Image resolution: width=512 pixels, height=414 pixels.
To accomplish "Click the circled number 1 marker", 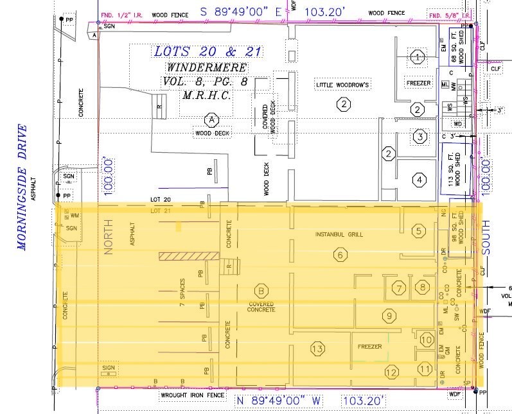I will (x=418, y=58).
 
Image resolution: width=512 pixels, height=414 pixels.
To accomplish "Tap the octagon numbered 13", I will (x=317, y=349).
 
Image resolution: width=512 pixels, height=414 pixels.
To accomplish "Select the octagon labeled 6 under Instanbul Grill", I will (x=340, y=255).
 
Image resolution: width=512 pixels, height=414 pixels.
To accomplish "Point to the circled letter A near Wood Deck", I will (x=210, y=119).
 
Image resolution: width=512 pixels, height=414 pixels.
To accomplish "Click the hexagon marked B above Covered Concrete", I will (x=260, y=291).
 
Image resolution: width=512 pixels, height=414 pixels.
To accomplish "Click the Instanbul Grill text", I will (x=339, y=235).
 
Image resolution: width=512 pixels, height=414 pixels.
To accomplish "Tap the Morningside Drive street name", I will (x=24, y=187).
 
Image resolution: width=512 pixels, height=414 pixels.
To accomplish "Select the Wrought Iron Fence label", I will (x=192, y=395).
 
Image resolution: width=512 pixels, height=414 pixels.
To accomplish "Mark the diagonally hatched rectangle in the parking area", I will (x=186, y=256).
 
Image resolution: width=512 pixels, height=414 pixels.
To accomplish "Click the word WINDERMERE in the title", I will (x=207, y=67).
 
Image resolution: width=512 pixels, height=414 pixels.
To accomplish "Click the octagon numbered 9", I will (x=388, y=315).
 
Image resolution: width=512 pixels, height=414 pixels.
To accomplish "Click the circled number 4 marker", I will (x=419, y=180).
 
